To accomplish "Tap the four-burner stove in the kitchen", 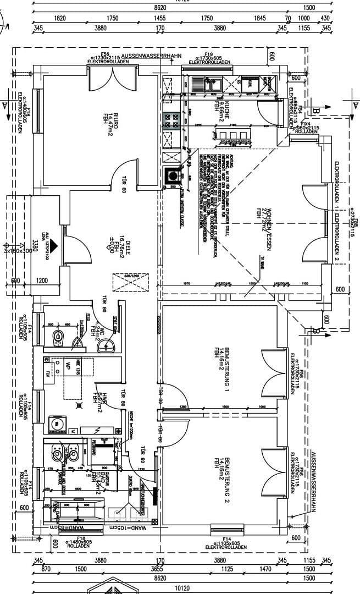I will click(x=172, y=120).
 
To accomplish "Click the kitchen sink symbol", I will click(x=211, y=84).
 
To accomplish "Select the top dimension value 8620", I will click(x=160, y=8).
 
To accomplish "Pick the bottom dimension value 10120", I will click(x=181, y=587).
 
